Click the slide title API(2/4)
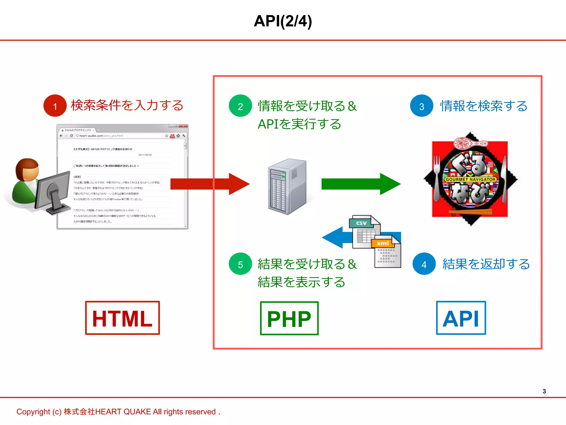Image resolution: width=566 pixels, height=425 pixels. tap(283, 21)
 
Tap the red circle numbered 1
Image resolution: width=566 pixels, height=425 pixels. tap(55, 106)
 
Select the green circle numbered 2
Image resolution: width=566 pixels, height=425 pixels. tap(240, 106)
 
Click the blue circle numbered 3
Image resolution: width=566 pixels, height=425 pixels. tap(421, 106)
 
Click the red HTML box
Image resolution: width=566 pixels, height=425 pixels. tap(122, 318)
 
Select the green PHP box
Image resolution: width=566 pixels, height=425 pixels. tap(289, 318)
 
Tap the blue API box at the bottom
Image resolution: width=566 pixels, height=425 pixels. tap(461, 318)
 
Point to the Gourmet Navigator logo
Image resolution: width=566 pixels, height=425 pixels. tap(470, 179)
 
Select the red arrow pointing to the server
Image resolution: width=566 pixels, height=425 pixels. tap(210, 184)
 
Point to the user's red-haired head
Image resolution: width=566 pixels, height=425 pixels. tap(27, 170)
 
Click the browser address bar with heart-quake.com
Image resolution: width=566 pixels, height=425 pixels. tap(119, 136)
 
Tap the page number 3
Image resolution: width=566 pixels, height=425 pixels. tap(544, 391)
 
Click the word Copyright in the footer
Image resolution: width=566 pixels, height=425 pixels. tap(33, 412)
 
